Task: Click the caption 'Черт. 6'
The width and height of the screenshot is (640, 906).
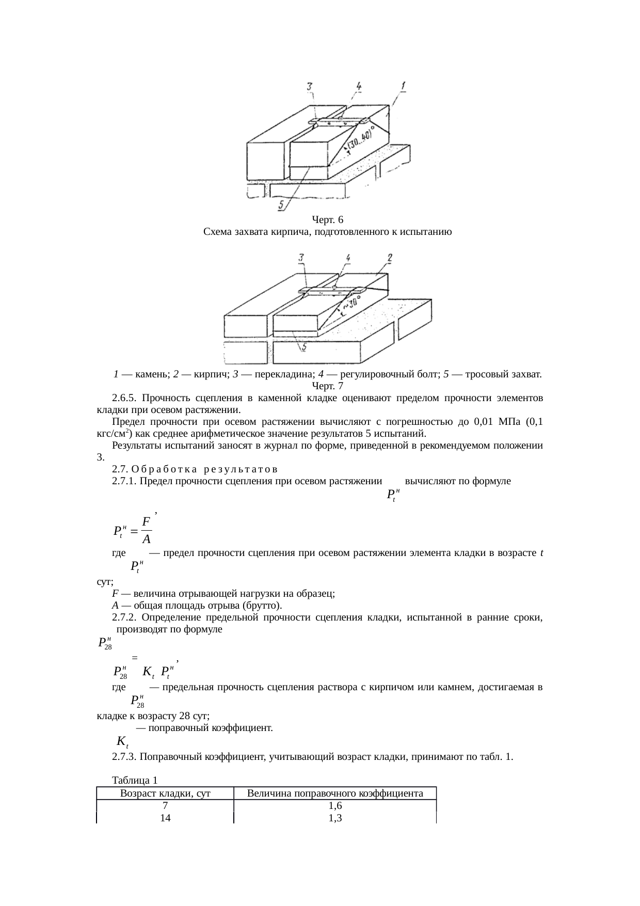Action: pos(327,220)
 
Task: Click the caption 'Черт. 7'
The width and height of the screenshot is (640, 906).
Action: pos(327,386)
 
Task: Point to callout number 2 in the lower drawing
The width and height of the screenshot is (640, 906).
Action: pos(390,257)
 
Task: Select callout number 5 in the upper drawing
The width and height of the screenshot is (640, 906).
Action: pos(282,205)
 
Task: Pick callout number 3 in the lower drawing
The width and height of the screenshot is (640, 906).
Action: pos(301,257)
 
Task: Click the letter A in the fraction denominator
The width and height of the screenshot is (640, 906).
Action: pos(147,539)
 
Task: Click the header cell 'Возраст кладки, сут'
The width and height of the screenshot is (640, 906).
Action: pos(165,793)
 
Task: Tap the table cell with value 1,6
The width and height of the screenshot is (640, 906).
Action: pos(335,806)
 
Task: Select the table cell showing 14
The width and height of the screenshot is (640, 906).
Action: pos(165,818)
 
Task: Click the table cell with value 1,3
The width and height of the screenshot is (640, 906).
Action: pos(335,818)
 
